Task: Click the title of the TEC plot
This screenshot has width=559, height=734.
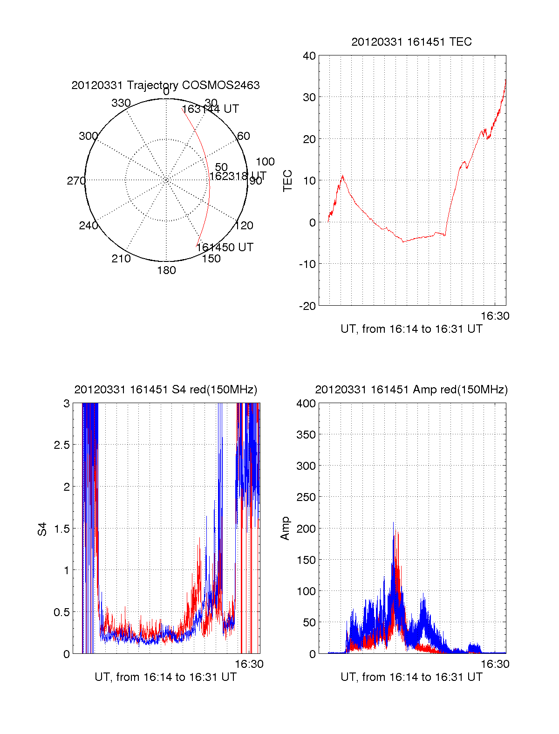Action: point(411,42)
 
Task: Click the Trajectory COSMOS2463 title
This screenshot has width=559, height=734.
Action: point(165,85)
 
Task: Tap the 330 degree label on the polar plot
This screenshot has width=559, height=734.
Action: point(121,103)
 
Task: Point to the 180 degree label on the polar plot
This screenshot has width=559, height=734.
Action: point(166,270)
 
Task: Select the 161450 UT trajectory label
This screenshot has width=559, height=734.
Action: point(225,247)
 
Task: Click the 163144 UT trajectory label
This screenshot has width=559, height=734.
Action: point(210,109)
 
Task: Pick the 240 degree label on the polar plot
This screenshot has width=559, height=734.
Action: point(88,226)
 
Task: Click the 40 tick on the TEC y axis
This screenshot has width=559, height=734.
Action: point(309,56)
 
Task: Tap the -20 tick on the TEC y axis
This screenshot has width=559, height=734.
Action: point(307,306)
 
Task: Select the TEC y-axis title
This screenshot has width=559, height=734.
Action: point(288,180)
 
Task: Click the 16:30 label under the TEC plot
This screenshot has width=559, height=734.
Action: point(495,316)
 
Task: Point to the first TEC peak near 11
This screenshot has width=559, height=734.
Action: point(343,176)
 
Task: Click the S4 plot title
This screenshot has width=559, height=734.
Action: point(165,390)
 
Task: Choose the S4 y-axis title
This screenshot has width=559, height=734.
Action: point(42,529)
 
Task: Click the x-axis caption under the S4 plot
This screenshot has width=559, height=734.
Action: point(165,677)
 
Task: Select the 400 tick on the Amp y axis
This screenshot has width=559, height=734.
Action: point(306,404)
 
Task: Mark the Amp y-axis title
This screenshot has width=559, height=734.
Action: point(285,528)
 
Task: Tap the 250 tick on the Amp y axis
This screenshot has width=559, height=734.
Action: point(306,497)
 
